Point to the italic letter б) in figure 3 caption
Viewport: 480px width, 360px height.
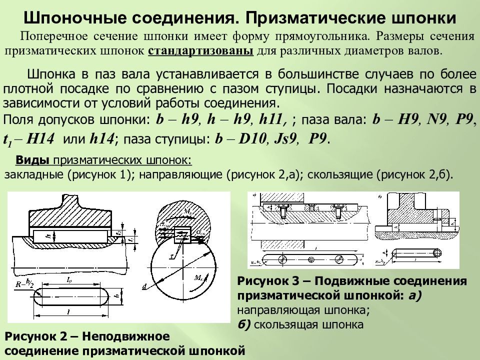(244, 324)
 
